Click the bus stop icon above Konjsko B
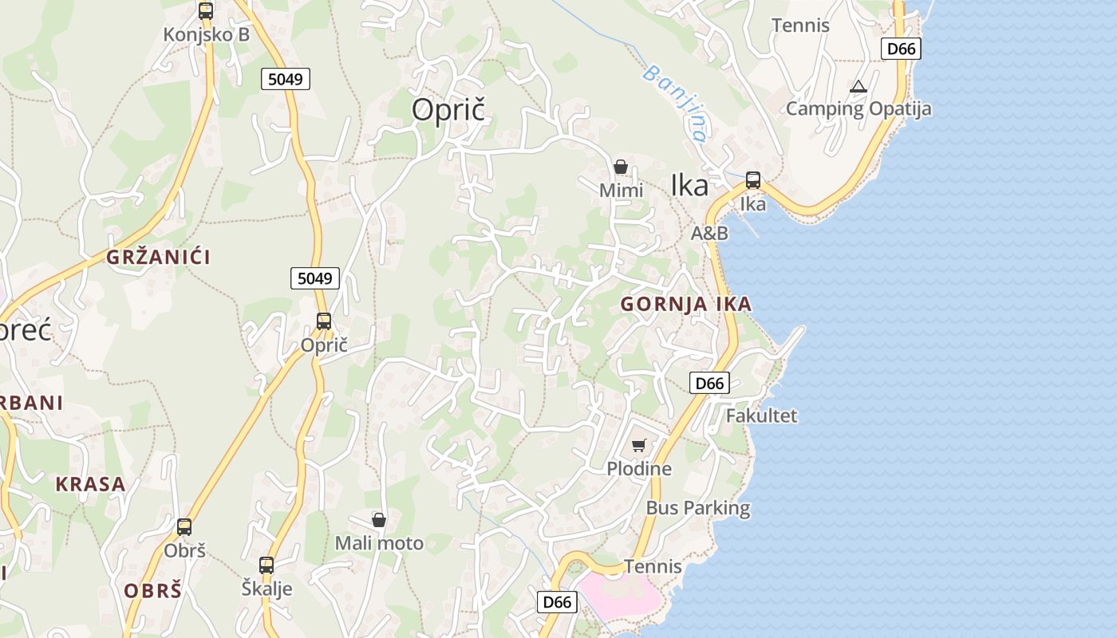click(x=206, y=11)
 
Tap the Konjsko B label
click(x=207, y=34)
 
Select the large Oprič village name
click(x=448, y=110)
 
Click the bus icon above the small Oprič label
click(x=324, y=321)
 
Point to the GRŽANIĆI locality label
click(x=158, y=257)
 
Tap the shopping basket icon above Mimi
click(x=621, y=167)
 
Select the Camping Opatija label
click(x=858, y=108)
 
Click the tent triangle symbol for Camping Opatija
click(x=858, y=86)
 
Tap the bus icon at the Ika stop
click(x=753, y=180)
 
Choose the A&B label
click(x=709, y=233)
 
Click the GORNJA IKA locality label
click(x=686, y=304)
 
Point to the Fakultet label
click(x=761, y=415)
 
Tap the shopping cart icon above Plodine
click(x=638, y=445)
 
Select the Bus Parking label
click(x=698, y=508)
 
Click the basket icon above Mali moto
click(x=379, y=520)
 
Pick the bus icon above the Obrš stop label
click(x=184, y=527)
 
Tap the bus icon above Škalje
click(x=266, y=565)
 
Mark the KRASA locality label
click(x=90, y=484)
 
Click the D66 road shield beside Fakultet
click(x=709, y=384)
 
